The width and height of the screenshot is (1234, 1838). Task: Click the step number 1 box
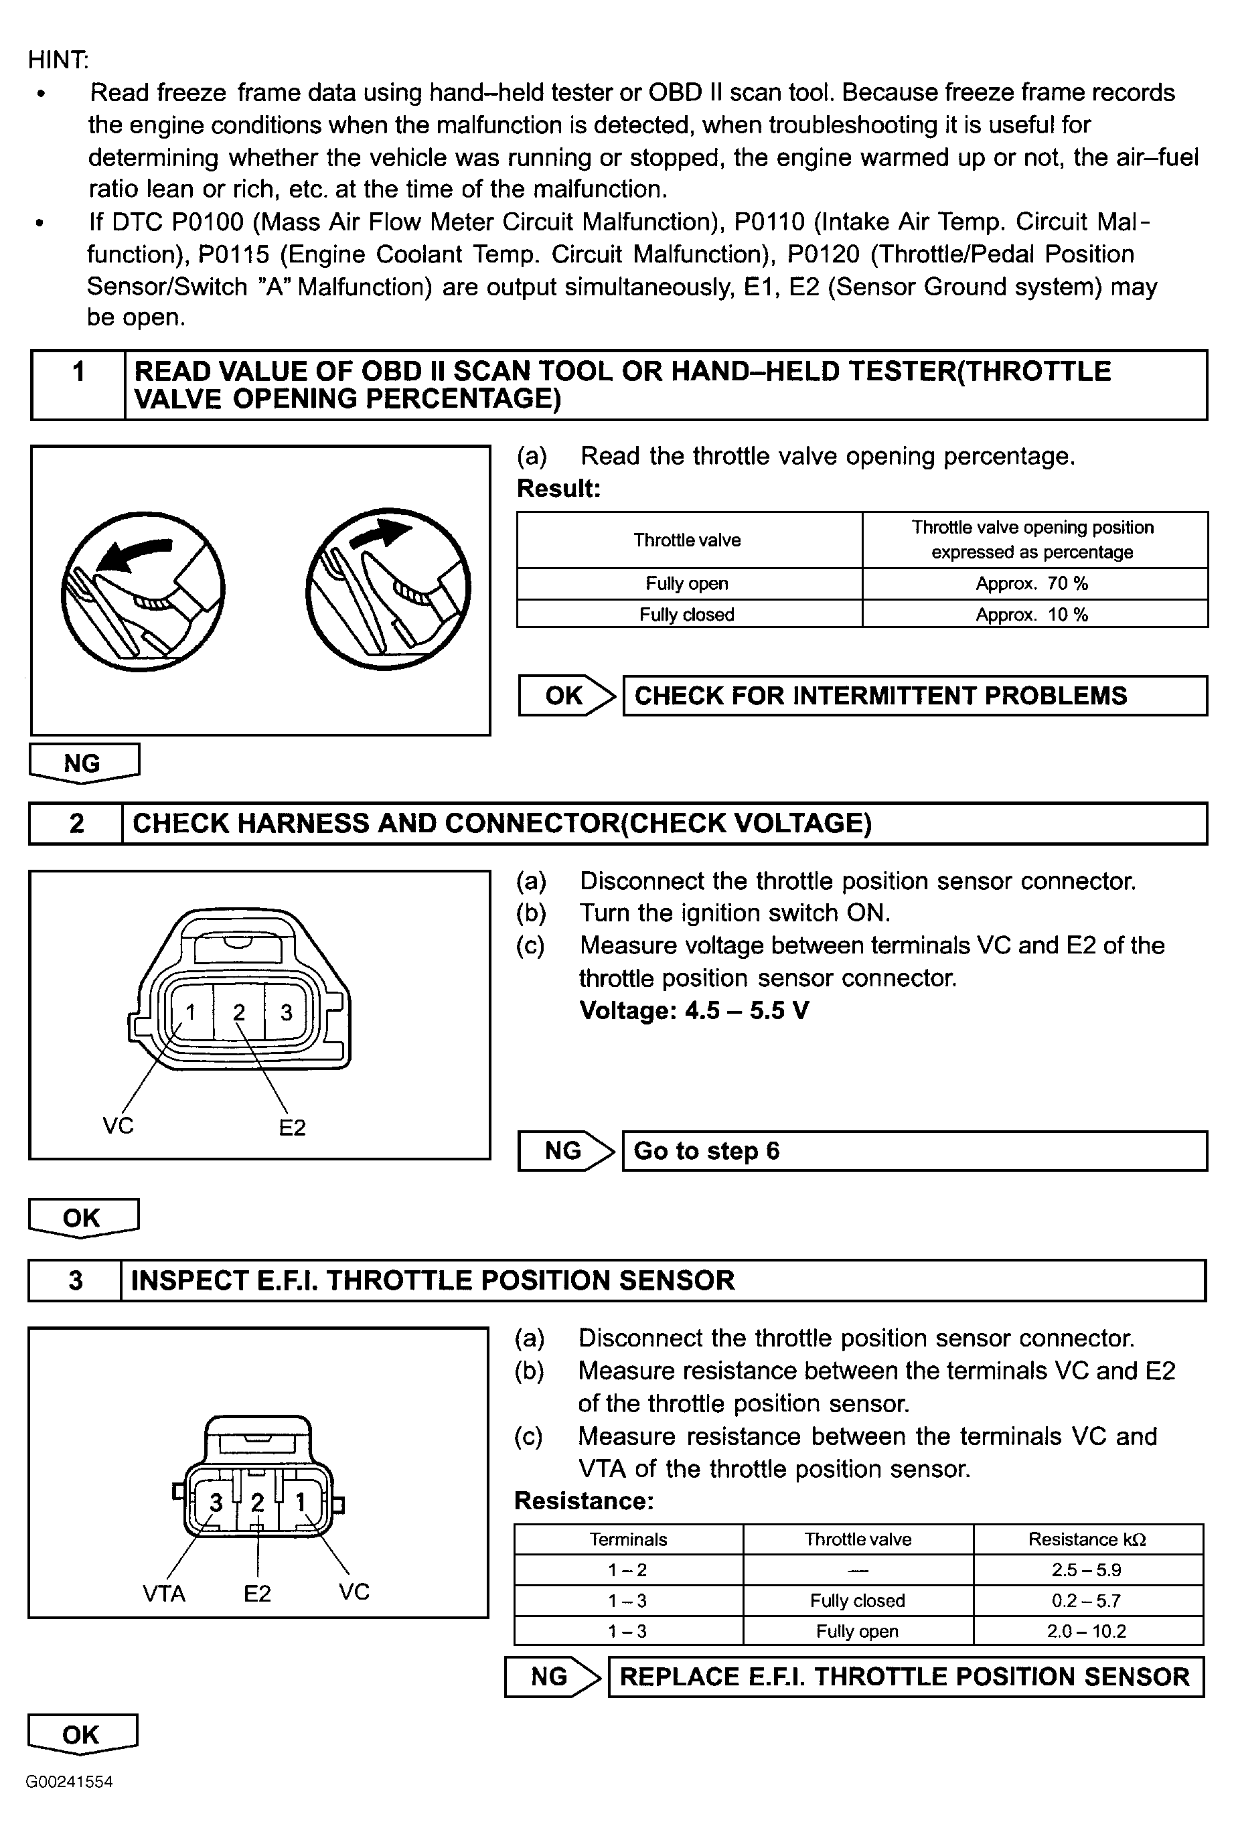click(x=78, y=385)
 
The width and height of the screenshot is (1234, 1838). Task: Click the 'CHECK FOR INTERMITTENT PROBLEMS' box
click(x=915, y=696)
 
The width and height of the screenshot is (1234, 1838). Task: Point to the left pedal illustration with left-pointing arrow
click(x=143, y=590)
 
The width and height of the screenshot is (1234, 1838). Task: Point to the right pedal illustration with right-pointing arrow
click(x=388, y=590)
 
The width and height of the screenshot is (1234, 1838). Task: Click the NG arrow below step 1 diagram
click(x=84, y=763)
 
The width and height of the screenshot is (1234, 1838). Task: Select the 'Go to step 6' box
click(x=915, y=1151)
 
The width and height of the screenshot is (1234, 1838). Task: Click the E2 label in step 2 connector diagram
click(x=292, y=1128)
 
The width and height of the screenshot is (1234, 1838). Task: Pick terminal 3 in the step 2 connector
click(x=287, y=1012)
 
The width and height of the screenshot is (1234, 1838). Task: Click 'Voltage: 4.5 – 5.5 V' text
click(x=694, y=1010)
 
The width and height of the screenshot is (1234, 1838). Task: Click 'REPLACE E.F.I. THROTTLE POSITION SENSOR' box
click(x=905, y=1677)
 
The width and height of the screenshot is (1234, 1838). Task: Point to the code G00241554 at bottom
click(x=69, y=1781)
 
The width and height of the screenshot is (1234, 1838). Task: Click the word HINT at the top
click(x=58, y=60)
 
